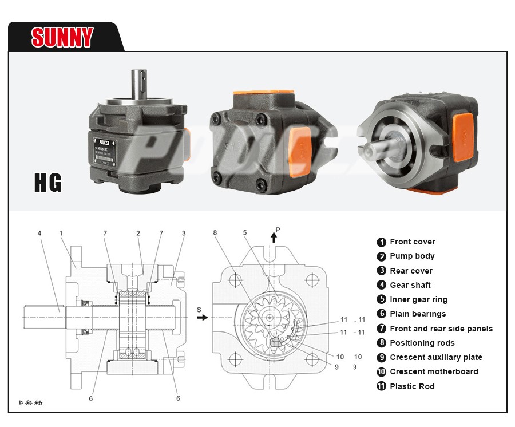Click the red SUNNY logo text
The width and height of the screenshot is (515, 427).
[x=62, y=37]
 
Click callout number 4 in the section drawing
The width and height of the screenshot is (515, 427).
[x=39, y=234]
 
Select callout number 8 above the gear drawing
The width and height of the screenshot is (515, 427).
[x=215, y=232]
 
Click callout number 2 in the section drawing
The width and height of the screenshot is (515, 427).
[x=138, y=233]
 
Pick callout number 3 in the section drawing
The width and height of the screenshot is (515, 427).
[x=183, y=233]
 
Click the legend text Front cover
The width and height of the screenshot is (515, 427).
[x=412, y=242]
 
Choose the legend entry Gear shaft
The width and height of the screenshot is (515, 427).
[x=410, y=285]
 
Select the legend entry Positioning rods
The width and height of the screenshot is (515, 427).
[x=422, y=343]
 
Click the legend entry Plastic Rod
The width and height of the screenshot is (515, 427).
[x=412, y=386]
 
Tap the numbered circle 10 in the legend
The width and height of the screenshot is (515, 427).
[x=382, y=372]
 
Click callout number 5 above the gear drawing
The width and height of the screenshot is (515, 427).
[x=244, y=232]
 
